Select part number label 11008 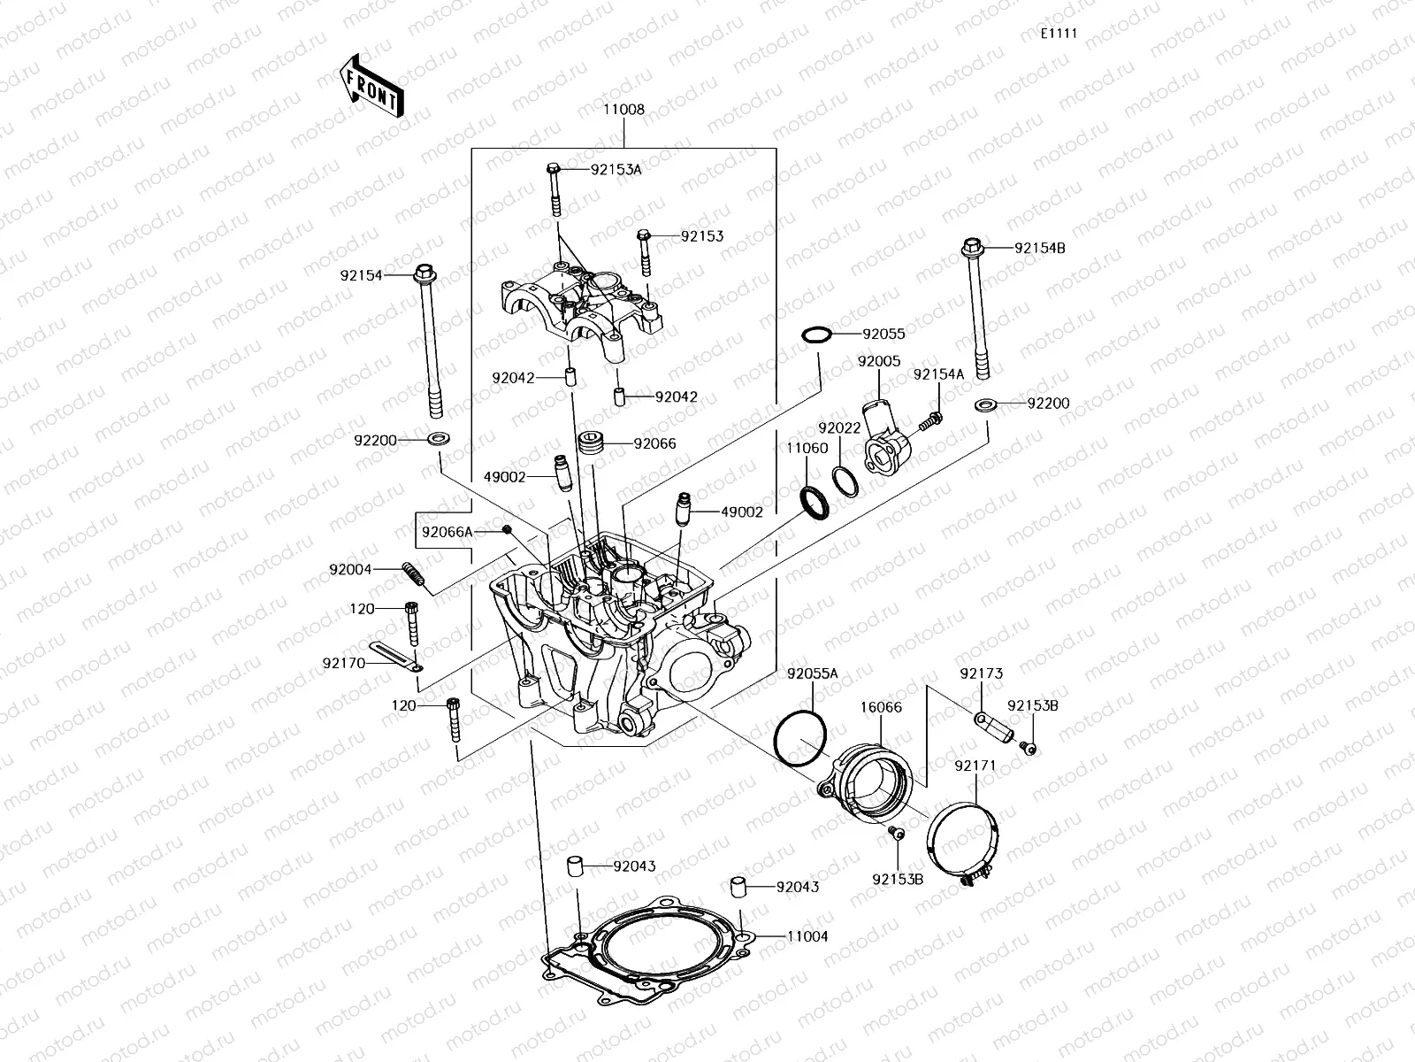[x=624, y=111]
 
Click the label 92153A [x=616, y=169]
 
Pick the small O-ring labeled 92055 [x=816, y=335]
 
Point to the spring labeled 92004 [x=415, y=577]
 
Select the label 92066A [x=447, y=532]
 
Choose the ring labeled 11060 [x=813, y=502]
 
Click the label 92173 [x=981, y=673]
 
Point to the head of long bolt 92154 [x=423, y=273]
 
